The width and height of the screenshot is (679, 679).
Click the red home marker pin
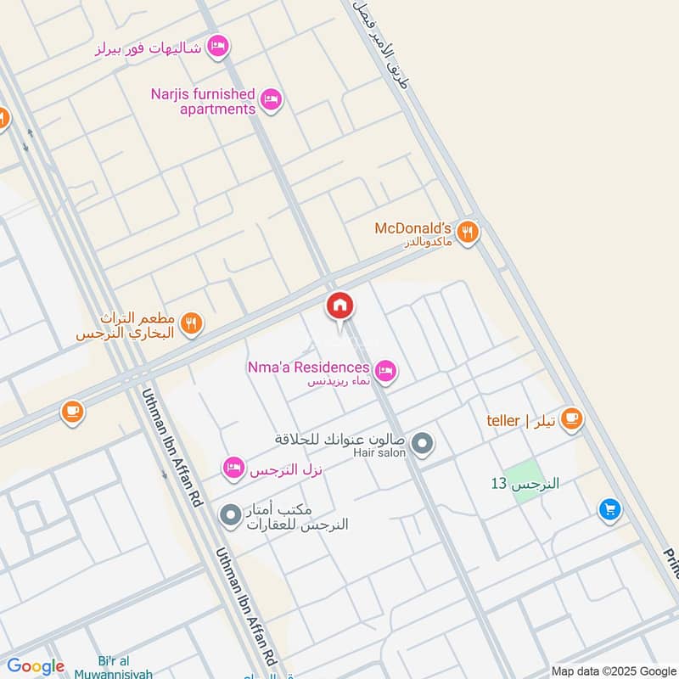(339, 306)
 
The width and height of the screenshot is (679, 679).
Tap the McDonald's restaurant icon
(467, 231)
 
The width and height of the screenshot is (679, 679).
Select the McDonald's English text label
(412, 228)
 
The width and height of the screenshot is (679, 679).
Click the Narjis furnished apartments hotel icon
(271, 100)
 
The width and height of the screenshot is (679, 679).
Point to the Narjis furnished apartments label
(203, 101)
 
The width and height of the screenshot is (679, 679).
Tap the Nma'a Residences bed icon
(386, 370)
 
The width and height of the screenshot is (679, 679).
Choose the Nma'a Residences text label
(309, 368)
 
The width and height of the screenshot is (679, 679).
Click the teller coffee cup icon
(571, 418)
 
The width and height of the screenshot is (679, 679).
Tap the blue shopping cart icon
(609, 509)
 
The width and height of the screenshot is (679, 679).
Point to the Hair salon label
(379, 453)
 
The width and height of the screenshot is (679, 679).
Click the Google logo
(36, 666)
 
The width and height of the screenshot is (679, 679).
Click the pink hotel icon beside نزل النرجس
(233, 467)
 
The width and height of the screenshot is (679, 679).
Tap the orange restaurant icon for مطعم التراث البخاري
(192, 323)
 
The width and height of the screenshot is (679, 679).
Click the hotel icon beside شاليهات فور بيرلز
(218, 46)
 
